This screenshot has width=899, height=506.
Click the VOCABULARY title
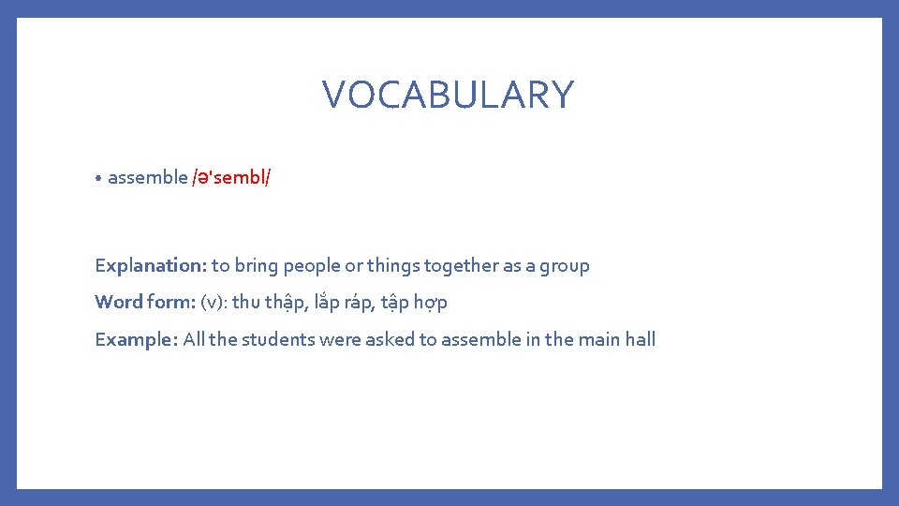448,95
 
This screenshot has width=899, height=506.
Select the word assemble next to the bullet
147,177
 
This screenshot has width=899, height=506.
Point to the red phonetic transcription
231,177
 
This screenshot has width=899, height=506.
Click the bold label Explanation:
150,265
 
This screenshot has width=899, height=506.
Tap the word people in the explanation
312,265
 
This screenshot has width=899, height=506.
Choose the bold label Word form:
144,302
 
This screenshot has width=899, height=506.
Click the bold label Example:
136,339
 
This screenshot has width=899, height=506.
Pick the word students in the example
278,339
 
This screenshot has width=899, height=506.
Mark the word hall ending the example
641,339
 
